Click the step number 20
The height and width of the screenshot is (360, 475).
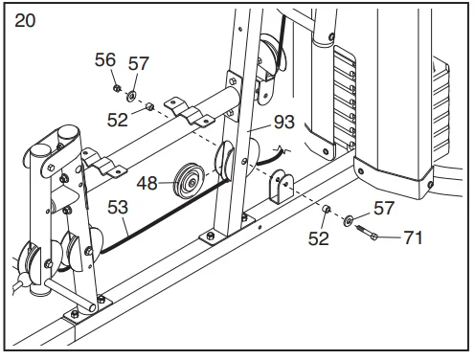pos(25,21)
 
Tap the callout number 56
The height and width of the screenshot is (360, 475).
pos(105,60)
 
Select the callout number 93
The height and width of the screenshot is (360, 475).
pos(284,122)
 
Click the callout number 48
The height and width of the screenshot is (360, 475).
pos(147,184)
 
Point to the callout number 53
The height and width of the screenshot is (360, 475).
pos(118,208)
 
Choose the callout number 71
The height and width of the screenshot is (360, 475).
pos(413,237)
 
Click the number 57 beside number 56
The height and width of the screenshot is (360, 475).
pos(139,63)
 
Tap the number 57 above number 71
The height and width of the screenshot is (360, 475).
pos(384,209)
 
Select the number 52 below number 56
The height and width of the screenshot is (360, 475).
pos(117,121)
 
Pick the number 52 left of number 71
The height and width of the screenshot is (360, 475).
pos(318,238)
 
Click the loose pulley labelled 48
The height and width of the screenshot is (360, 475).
pos(189,181)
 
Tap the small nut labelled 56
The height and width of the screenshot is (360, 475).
pos(117,87)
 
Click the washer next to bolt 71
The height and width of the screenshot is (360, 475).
pos(349,220)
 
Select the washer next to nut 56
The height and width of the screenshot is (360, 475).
pos(131,96)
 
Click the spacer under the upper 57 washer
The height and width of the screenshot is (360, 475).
pos(149,106)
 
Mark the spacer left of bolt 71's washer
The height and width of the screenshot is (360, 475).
pos(326,209)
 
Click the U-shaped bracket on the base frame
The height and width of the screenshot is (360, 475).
pos(282,187)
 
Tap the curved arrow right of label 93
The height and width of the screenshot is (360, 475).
pos(271,156)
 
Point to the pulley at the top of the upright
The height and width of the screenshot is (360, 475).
pos(271,55)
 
